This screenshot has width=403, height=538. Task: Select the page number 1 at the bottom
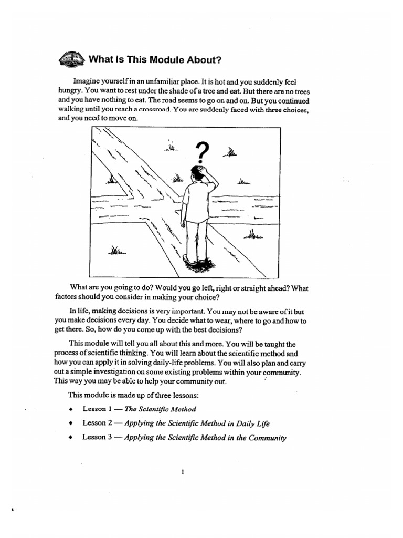pyautogui.click(x=182, y=472)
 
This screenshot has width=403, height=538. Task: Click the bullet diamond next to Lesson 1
pyautogui.click(x=70, y=409)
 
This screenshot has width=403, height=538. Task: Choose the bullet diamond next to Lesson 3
pyautogui.click(x=70, y=437)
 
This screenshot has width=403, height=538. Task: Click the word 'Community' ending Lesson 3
pyautogui.click(x=266, y=437)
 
